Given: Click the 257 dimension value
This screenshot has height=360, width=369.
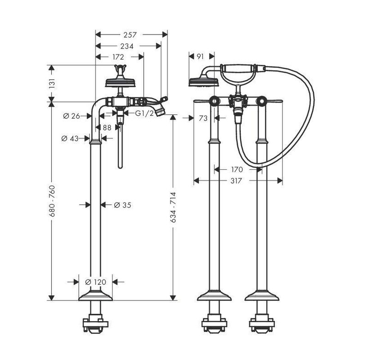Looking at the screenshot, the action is (x=130, y=35).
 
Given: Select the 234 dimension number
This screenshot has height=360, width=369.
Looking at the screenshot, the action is (x=127, y=46).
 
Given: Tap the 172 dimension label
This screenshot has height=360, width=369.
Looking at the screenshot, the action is (x=118, y=57).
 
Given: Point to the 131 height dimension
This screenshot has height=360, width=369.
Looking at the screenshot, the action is (x=52, y=84).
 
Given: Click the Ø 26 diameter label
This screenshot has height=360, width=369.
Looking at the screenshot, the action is (x=72, y=116).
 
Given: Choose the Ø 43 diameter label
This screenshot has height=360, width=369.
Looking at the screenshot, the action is (x=70, y=138).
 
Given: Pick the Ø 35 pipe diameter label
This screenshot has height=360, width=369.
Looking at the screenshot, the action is (x=123, y=205).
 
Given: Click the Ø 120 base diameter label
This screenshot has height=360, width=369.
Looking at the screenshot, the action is (x=95, y=282).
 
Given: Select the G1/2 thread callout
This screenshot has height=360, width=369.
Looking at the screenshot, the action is (x=144, y=114).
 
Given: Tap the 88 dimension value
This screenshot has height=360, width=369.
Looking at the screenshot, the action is (x=107, y=127).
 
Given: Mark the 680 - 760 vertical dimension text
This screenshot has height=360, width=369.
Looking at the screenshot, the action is (x=52, y=201).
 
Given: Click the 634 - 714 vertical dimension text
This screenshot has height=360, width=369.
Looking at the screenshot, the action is (x=173, y=207).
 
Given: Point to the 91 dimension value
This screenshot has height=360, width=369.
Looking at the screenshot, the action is (x=200, y=56).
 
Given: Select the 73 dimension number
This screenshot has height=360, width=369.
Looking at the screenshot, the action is (x=203, y=118).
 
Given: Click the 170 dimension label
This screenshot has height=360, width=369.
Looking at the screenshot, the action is (x=237, y=169).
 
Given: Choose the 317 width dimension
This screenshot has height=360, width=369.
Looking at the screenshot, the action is (x=236, y=180).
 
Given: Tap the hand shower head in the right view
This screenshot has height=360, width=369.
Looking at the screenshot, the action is (x=204, y=82).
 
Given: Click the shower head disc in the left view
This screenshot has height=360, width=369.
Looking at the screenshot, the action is (x=120, y=83).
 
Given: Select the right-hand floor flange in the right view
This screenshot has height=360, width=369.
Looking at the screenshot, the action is (x=262, y=296).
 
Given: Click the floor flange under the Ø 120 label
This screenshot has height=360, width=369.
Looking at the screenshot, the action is (x=95, y=296).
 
